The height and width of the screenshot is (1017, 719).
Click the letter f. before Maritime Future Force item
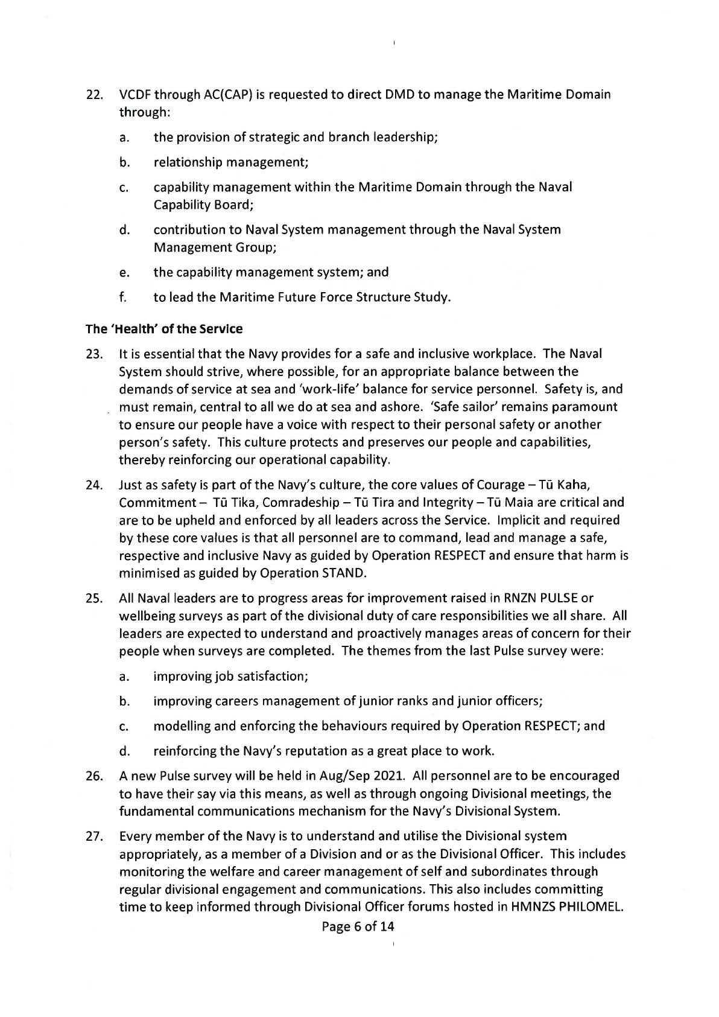pos(122,297)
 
